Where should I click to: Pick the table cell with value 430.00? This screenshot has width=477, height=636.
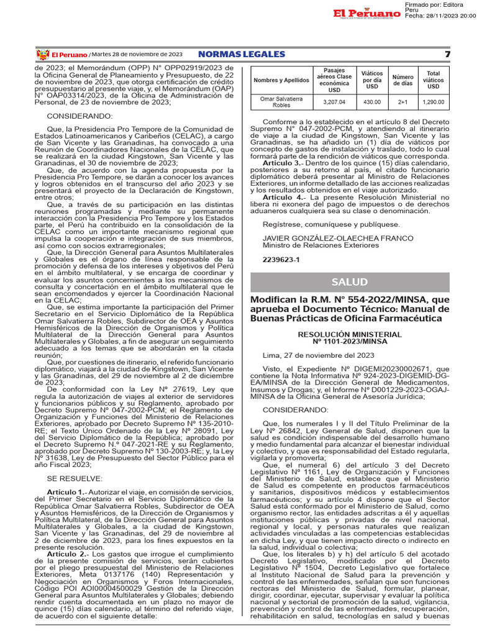371,101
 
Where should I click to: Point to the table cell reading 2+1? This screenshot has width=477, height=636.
402,101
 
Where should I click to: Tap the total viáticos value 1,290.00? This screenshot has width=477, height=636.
434,101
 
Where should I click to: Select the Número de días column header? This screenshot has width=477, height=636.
402,81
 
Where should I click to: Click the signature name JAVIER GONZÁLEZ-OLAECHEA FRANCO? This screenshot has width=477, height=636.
337,238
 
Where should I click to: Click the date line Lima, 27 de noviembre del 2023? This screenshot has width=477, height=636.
318,355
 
